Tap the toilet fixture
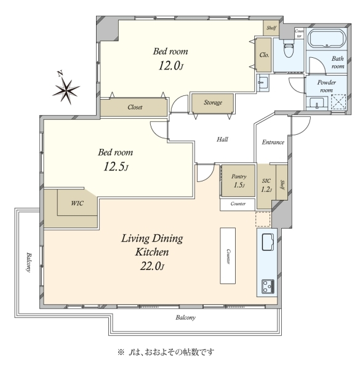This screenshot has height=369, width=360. tap(289, 49)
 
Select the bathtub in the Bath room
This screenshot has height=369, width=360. tap(327, 39)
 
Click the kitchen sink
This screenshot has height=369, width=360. tap(268, 242)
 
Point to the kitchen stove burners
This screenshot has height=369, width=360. tap(268, 287)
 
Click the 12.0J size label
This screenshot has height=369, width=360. tap(170, 66)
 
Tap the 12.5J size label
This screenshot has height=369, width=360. tap(116, 167)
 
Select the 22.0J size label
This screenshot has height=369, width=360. tap(152, 266)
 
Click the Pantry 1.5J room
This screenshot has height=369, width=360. tap(238, 180)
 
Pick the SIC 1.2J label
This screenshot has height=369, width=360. tap(266, 185)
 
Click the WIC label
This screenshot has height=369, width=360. tap(77, 203)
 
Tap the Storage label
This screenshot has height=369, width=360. tap(213, 103)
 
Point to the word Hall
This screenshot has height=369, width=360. tap(222, 140)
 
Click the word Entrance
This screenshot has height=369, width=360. tap(273, 142)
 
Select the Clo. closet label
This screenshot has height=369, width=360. tap(264, 55)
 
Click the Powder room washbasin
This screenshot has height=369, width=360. tap(316, 103)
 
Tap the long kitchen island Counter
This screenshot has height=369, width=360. tap(228, 256)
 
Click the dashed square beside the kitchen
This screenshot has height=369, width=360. tap(263, 219)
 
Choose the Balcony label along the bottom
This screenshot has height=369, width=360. tap(185, 318)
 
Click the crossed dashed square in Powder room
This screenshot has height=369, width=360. tap(338, 101)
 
